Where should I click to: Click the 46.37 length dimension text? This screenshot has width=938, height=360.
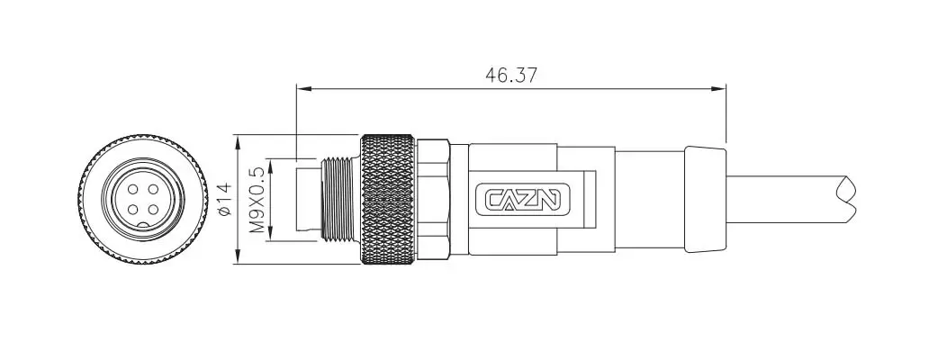tap(511, 76)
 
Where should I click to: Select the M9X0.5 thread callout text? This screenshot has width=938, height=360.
tap(257, 200)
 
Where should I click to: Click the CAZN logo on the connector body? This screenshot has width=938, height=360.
tap(522, 200)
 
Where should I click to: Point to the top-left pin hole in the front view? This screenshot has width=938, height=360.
tap(133, 190)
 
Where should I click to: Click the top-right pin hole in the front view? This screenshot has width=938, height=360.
tap(153, 190)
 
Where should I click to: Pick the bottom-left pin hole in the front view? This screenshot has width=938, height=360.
tap(133, 210)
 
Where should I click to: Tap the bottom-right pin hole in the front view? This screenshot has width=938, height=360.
tap(153, 210)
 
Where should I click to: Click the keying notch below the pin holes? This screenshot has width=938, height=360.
tap(143, 225)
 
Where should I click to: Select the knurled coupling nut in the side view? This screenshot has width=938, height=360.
tap(387, 200)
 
